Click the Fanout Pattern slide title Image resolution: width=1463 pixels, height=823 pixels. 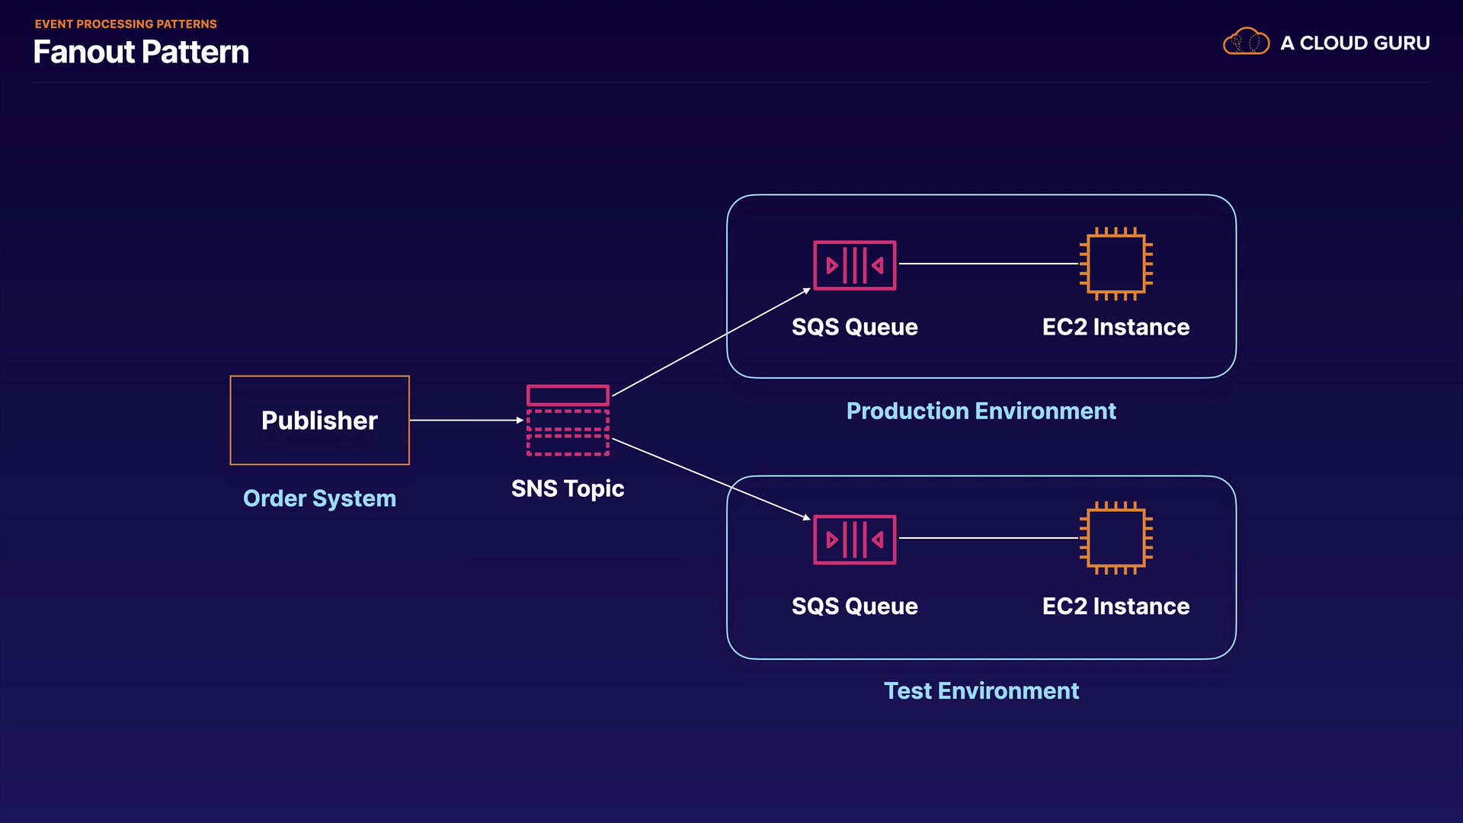tap(141, 52)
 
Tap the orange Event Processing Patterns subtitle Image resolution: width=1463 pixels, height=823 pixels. tap(126, 24)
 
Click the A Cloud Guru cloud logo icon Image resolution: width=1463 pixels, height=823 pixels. tap(1246, 42)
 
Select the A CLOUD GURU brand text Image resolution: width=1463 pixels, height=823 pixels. tap(1355, 43)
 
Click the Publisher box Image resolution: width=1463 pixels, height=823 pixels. tap(320, 420)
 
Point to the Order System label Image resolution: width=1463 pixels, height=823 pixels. tap(319, 498)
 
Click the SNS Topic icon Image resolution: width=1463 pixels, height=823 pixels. tap(568, 420)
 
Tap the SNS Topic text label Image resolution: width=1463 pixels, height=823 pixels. tap(568, 488)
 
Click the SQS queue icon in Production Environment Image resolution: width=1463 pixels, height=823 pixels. tap(855, 265)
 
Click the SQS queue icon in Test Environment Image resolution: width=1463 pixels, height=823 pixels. tap(855, 540)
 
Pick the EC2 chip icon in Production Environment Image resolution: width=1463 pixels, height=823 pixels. tap(1116, 264)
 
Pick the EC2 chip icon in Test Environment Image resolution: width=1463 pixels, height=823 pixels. tap(1116, 538)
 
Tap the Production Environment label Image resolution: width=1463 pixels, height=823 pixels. tap(981, 411)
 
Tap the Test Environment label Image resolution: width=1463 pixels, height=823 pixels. tap(981, 691)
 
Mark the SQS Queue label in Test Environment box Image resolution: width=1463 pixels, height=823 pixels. tap(855, 607)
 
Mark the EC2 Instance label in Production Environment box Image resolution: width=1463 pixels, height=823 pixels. tap(1116, 327)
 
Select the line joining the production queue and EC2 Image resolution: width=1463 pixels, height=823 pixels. tap(988, 264)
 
